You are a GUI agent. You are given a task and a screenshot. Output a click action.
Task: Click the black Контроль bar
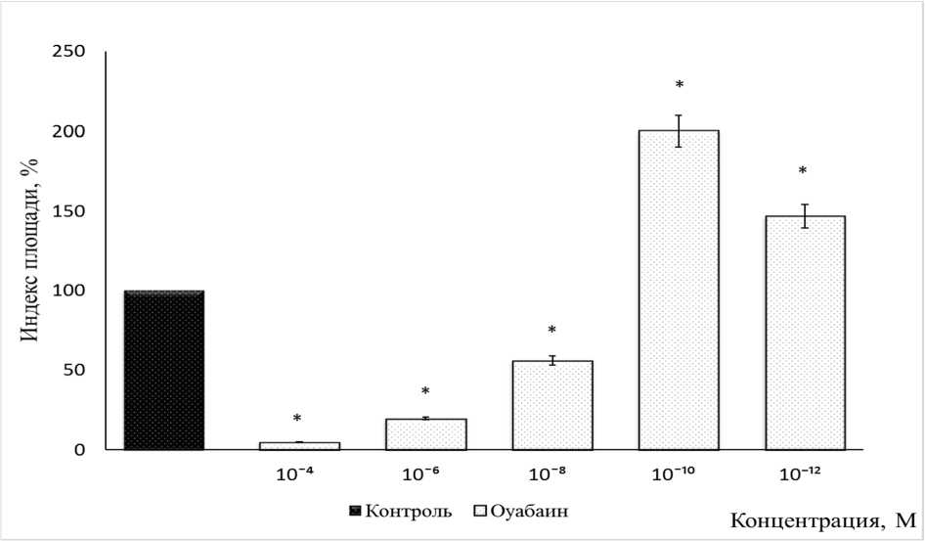163,370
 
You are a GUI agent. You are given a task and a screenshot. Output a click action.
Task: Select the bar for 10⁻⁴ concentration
299,446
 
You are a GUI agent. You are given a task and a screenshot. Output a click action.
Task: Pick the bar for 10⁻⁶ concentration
425,434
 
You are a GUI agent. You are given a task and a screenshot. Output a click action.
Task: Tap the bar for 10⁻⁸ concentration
552,405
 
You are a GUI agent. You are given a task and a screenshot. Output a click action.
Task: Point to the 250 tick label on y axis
68,52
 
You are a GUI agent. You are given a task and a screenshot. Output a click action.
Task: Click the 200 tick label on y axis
68,131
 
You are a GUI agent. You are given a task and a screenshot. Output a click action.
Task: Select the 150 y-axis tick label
68,211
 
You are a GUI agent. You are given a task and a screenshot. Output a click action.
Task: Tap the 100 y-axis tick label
68,291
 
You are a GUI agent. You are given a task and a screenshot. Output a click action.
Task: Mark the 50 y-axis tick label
73,371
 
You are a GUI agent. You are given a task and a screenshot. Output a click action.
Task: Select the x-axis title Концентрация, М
821,520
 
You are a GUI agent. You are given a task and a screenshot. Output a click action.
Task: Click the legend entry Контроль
401,511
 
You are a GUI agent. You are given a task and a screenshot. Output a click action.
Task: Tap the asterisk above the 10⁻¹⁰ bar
679,85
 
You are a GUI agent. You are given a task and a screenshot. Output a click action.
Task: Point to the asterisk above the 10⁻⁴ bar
298,420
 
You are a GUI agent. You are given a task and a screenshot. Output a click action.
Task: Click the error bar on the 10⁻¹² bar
805,216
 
